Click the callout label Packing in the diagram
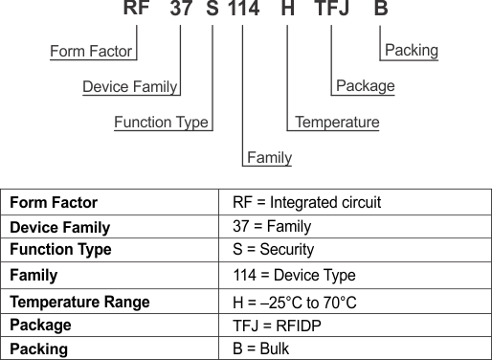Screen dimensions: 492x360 [x=411, y=50]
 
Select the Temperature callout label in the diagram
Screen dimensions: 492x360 [x=337, y=122]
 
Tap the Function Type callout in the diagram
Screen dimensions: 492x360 [x=161, y=122]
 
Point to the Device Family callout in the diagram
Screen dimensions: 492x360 [x=129, y=86]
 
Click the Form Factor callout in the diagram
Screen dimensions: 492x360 [x=91, y=50]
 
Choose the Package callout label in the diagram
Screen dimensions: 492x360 [x=366, y=86]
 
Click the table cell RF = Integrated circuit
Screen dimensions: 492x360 [x=306, y=203]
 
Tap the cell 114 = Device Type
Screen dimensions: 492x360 [x=294, y=275]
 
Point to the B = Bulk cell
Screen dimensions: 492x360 [x=260, y=349]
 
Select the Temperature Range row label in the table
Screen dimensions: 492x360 [x=79, y=301]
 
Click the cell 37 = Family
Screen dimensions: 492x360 [x=272, y=227]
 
